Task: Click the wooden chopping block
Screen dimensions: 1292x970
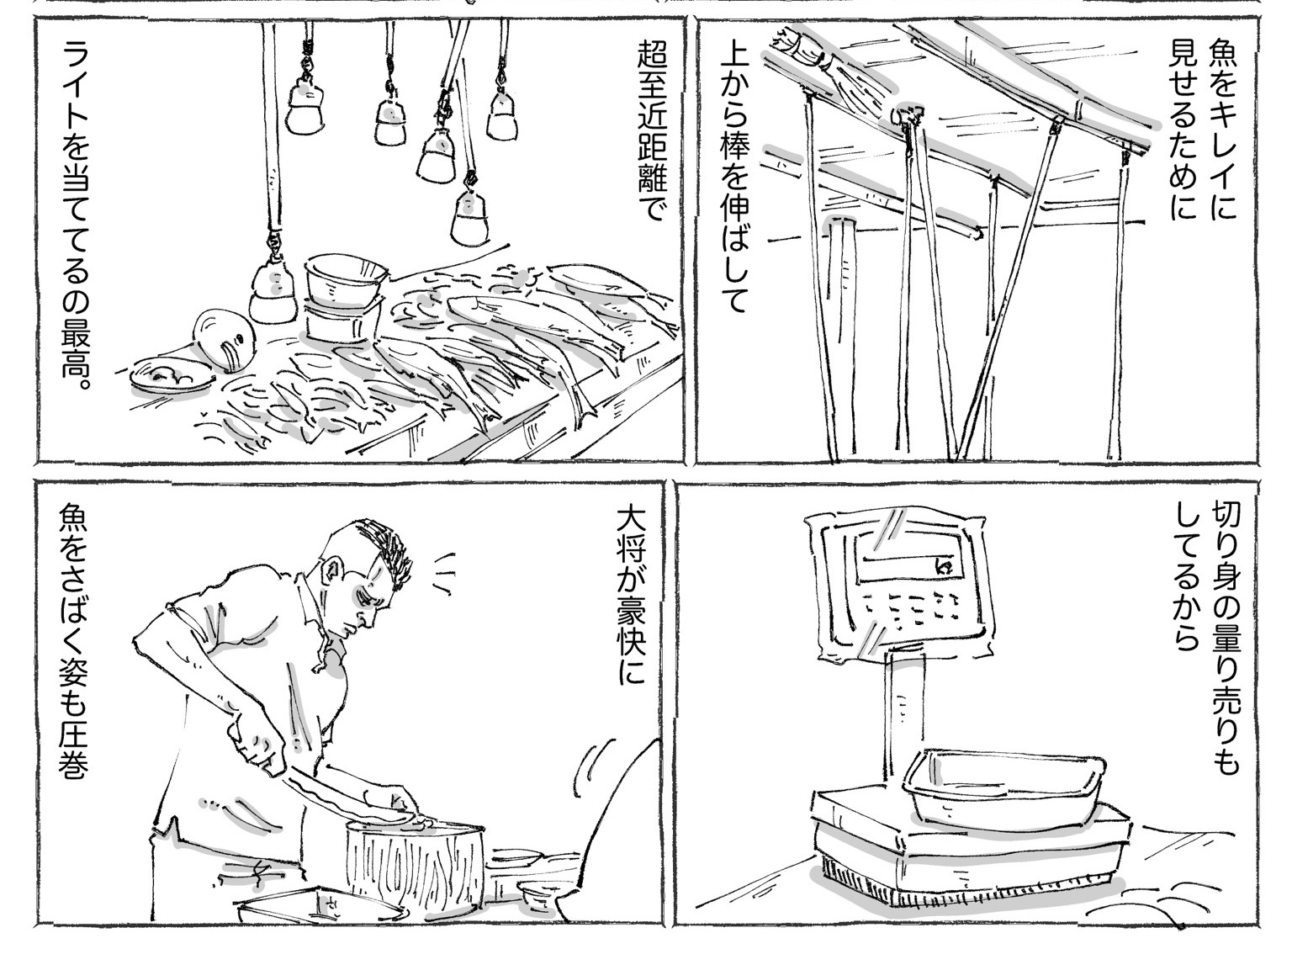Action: pos(415,870)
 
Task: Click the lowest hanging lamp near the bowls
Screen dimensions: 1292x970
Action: pos(273,289)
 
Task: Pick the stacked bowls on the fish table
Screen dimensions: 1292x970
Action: pos(344,297)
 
